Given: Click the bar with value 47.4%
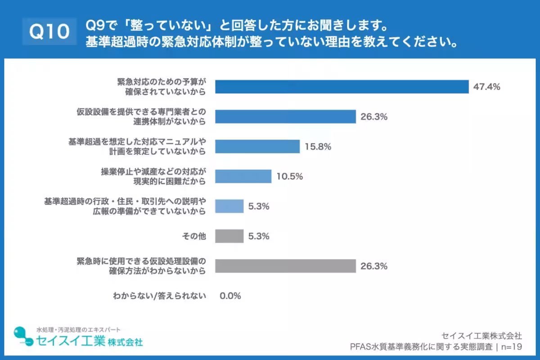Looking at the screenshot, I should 342,86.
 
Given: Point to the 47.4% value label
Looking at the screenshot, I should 486,87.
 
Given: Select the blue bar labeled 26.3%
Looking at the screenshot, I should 285,117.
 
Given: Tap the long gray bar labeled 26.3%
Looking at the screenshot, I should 285,266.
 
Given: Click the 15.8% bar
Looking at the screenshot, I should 257,146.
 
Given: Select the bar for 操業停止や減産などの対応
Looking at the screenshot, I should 243,176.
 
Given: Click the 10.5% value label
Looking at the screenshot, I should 289,176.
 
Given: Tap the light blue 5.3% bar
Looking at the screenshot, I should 229,206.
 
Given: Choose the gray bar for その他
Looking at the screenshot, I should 229,236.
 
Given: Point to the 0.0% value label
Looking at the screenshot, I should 230,296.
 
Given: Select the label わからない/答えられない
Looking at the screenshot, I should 160,296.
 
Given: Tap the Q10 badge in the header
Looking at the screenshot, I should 49,31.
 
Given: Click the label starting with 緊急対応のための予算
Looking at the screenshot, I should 161,86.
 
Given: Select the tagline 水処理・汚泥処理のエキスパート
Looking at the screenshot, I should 78,329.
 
